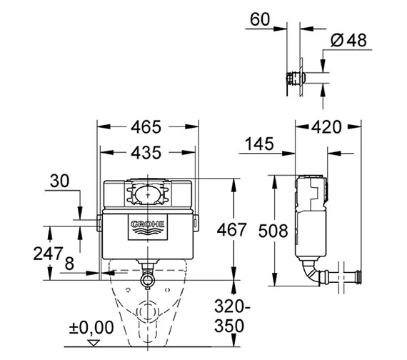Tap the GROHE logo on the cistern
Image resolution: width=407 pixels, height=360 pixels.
[147, 227]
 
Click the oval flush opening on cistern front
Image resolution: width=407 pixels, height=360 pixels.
[146, 193]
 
